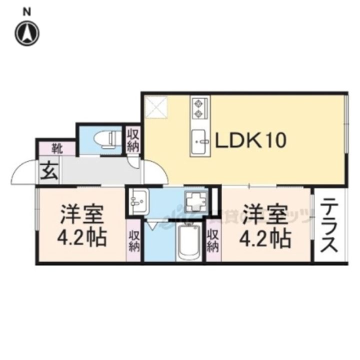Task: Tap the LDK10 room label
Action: (x=250, y=141)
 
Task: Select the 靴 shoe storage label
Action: (x=56, y=148)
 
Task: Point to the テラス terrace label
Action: (x=329, y=225)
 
